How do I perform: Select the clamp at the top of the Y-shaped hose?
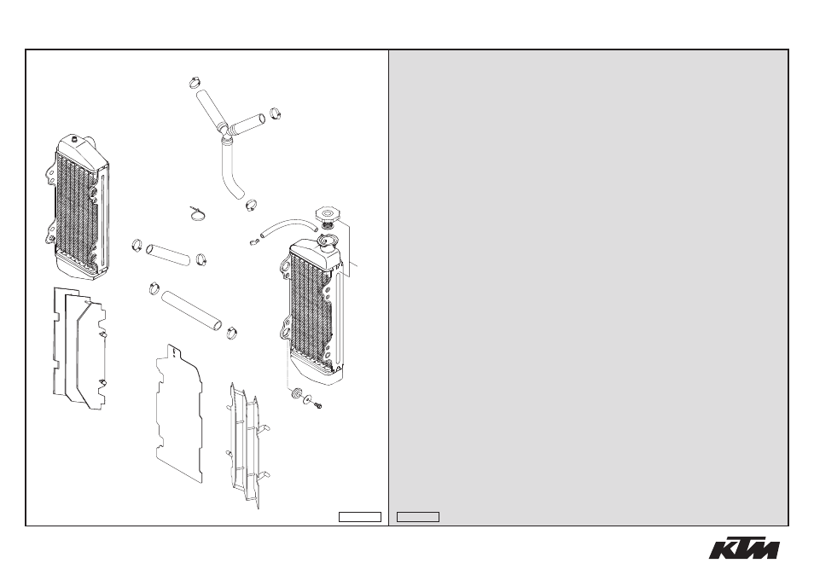[195, 82]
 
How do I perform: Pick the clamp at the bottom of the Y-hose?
[252, 205]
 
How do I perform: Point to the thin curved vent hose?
[288, 227]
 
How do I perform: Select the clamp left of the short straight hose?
[137, 245]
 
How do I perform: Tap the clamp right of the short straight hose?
[201, 258]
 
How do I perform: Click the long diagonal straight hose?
[192, 311]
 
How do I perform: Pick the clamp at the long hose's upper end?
[154, 287]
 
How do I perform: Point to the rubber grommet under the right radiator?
[296, 392]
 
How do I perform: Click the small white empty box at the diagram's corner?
[360, 517]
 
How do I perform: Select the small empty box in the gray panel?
[418, 517]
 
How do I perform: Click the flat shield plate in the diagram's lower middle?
[178, 413]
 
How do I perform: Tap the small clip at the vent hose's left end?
[254, 242]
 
